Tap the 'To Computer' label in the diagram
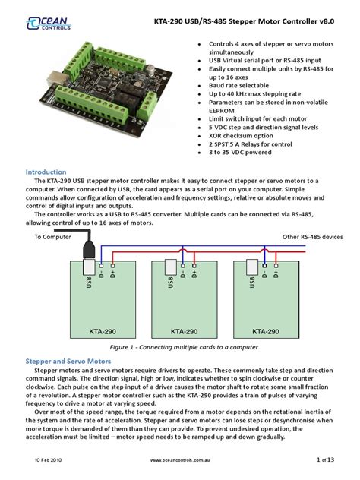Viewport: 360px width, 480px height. (x=52, y=237)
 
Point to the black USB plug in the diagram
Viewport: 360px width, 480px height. (x=87, y=248)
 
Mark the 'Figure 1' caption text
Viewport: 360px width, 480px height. (x=180, y=346)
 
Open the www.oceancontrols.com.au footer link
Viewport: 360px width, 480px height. (x=179, y=460)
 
